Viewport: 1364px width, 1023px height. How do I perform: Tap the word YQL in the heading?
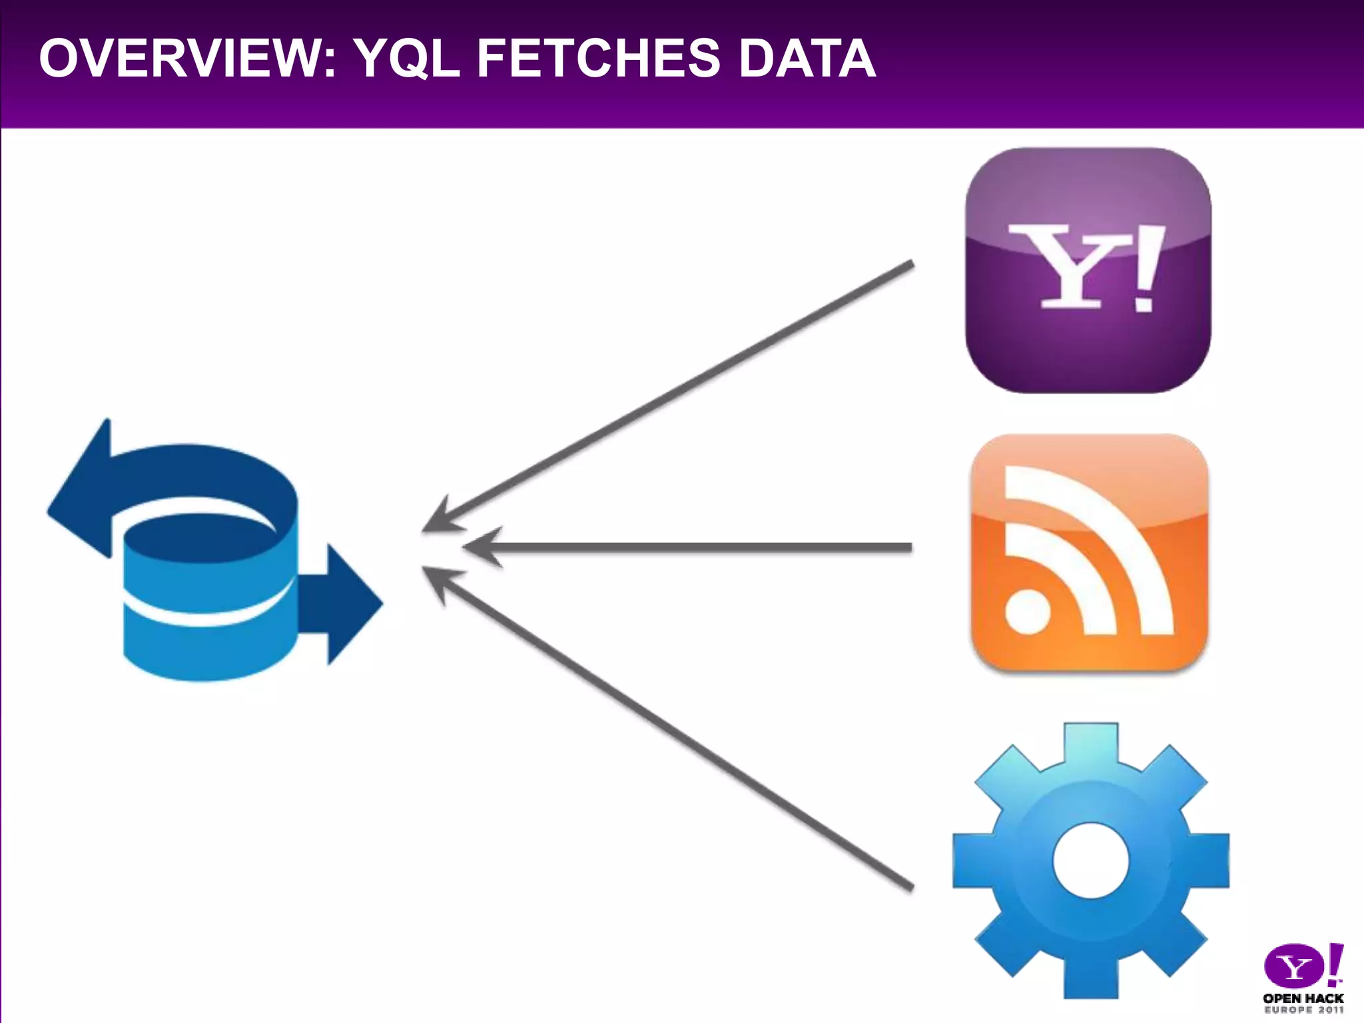click(406, 59)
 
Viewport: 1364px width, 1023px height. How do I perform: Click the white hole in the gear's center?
click(1091, 860)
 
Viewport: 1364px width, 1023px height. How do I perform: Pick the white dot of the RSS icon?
click(1027, 610)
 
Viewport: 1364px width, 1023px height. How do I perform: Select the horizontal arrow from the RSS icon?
click(686, 547)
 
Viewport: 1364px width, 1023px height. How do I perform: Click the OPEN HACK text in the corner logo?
click(1303, 998)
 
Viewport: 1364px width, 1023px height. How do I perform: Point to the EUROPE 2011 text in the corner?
click(1303, 1010)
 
